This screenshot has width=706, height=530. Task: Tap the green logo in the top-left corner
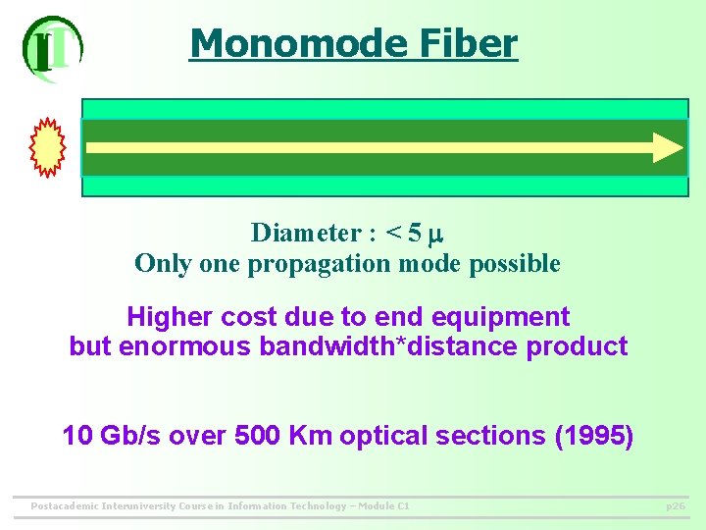52,46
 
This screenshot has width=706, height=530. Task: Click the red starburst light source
48,147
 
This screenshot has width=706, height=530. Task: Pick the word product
582,346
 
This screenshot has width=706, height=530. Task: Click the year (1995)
594,435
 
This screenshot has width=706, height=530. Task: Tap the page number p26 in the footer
676,506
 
